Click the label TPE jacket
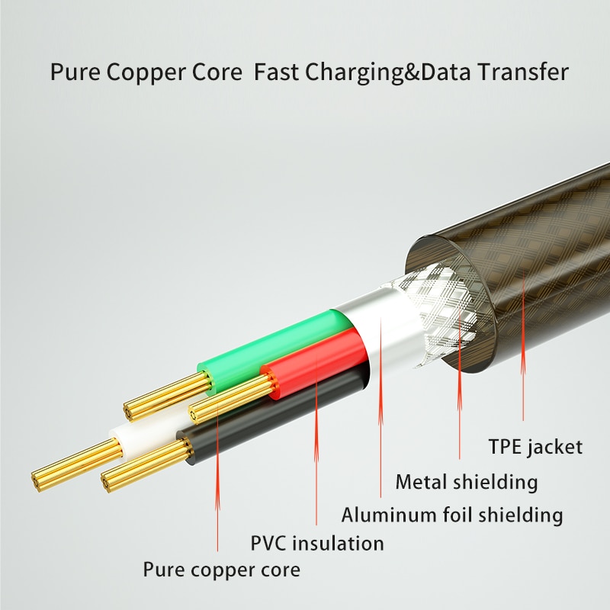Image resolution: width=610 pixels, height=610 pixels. coord(535,446)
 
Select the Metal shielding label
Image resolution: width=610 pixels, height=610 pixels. coord(466,482)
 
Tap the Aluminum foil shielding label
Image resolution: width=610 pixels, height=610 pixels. coord(451,515)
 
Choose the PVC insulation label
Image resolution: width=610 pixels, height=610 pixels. coord(317,544)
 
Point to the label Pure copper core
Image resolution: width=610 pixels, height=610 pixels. coord(221,570)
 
